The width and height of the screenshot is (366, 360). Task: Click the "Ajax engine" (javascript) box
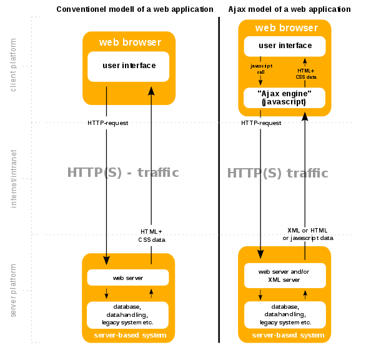click(x=284, y=98)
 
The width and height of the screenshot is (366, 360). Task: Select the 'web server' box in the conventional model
click(x=128, y=277)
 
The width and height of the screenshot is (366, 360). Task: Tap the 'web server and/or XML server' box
click(x=285, y=276)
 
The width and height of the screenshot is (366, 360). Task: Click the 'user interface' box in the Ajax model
click(x=285, y=46)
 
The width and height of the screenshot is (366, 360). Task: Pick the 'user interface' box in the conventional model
click(x=129, y=67)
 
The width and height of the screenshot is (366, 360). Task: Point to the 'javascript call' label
click(x=261, y=69)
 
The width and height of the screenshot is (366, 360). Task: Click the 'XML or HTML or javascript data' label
click(x=308, y=234)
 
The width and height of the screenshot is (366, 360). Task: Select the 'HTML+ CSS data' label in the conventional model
click(x=152, y=236)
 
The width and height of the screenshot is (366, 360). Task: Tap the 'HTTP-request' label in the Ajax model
click(x=261, y=123)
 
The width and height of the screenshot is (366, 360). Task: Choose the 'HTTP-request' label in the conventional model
click(x=108, y=123)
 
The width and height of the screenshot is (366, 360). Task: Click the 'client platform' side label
click(x=13, y=65)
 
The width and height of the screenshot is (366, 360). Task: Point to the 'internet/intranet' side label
click(x=13, y=179)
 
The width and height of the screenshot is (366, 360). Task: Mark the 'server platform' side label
click(x=13, y=291)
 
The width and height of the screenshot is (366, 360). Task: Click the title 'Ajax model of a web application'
click(x=289, y=9)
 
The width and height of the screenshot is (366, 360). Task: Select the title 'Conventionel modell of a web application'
click(x=135, y=9)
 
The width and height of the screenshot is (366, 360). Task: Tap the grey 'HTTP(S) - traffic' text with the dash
click(x=123, y=172)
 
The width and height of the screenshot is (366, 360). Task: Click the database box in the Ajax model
click(x=285, y=314)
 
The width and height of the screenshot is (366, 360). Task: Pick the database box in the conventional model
click(x=127, y=315)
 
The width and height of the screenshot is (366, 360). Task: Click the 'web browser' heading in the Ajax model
click(x=287, y=27)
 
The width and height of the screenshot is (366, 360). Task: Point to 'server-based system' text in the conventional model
click(x=131, y=335)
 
